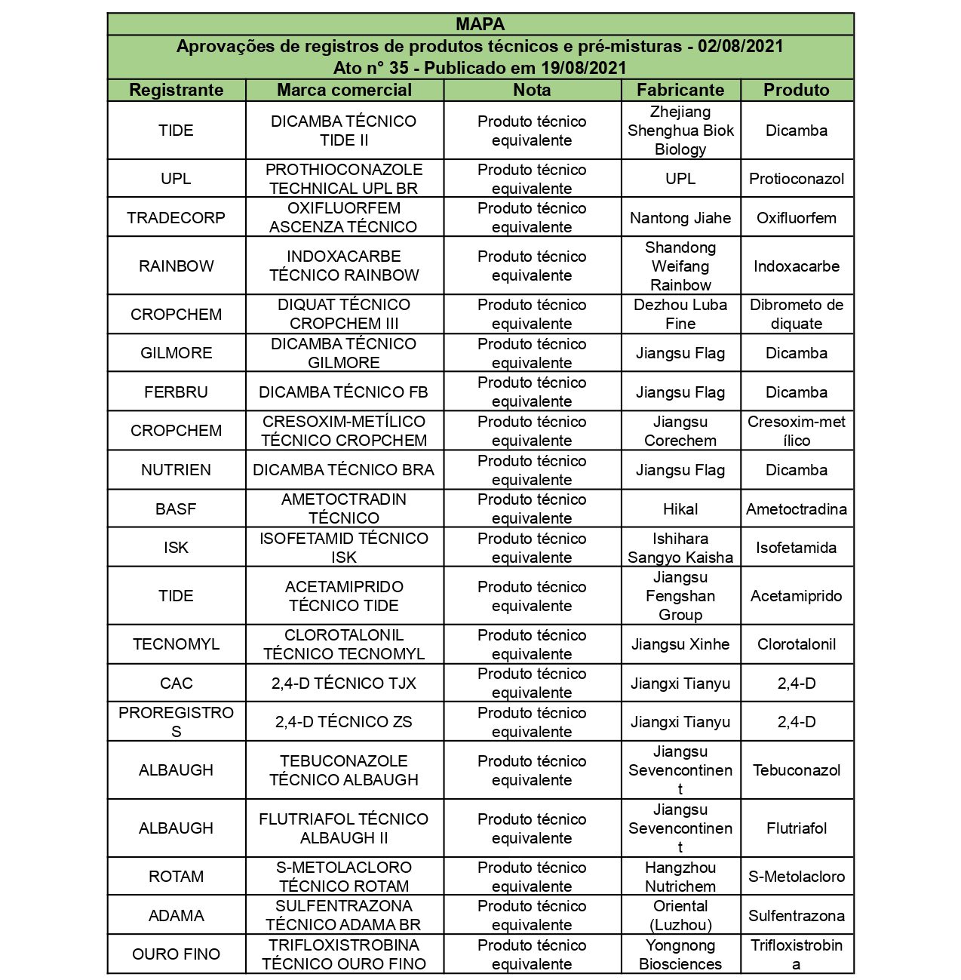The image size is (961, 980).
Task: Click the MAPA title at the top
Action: (480, 24)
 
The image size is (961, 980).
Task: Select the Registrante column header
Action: (177, 90)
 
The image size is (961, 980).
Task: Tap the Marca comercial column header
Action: (344, 90)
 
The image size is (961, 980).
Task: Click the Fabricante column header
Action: (680, 90)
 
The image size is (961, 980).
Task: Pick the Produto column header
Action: (797, 90)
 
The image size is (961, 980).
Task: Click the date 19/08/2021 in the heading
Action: (584, 68)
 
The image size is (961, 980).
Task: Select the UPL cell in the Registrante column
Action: (177, 179)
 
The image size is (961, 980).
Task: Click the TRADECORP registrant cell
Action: (177, 218)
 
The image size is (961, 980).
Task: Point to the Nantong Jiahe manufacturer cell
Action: (680, 218)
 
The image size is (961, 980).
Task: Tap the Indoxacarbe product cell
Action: (797, 266)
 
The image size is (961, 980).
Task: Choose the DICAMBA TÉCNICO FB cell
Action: (344, 392)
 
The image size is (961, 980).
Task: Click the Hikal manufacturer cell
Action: (680, 509)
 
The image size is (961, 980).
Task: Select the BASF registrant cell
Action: (177, 509)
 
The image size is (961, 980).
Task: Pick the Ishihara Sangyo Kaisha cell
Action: (680, 548)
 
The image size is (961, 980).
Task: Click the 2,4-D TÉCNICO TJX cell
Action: (344, 684)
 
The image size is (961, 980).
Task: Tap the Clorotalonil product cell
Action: (797, 644)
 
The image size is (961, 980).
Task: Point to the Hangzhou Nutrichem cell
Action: (680, 877)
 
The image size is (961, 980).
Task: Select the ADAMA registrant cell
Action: (177, 916)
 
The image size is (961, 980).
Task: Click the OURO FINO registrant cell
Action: (177, 954)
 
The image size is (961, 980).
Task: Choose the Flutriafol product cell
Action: (797, 828)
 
